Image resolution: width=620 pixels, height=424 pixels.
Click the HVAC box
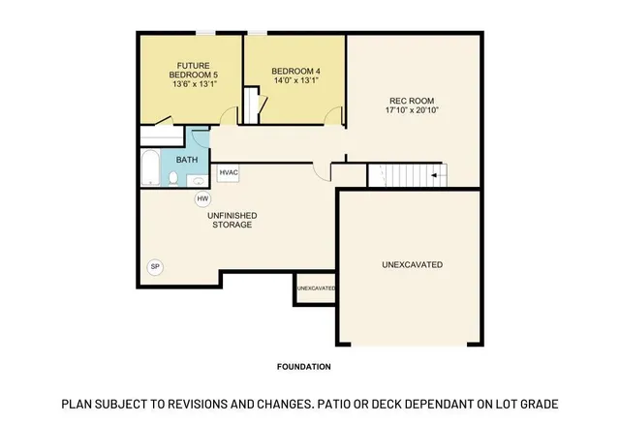tap(229, 173)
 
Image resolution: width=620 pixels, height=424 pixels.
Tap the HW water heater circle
tap(202, 199)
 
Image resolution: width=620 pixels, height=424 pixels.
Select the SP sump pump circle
tap(154, 266)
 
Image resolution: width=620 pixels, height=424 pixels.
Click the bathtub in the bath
tap(149, 169)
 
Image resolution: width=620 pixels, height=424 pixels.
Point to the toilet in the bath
tap(174, 178)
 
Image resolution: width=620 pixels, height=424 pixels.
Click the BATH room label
tap(188, 159)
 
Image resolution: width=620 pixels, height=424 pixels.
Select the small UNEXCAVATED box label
tap(315, 288)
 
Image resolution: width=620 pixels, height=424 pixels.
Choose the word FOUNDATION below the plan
tap(303, 367)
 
